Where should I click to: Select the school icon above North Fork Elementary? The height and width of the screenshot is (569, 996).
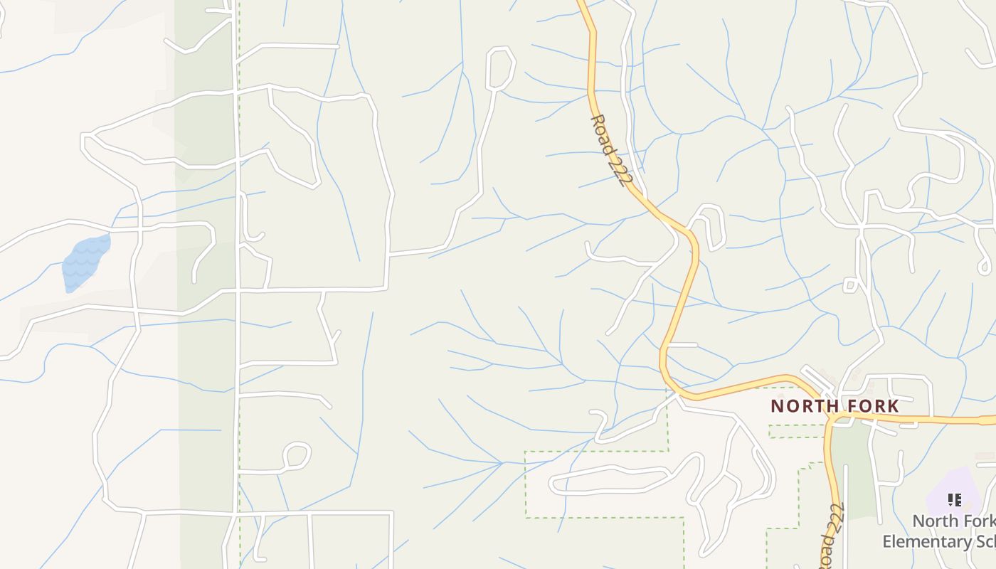coord(955,500)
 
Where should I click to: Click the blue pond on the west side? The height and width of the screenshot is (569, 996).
coord(85,262)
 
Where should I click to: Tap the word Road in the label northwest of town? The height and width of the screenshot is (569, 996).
coord(601,133)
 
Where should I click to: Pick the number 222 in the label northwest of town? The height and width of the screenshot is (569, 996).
coord(619,170)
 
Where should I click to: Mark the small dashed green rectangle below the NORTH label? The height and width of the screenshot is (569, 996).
coord(797,431)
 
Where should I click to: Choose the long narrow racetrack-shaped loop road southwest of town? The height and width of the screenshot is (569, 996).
coord(612,480)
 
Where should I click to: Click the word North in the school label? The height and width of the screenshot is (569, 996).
coord(936,521)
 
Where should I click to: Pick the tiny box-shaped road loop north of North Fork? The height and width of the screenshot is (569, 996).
coord(849,285)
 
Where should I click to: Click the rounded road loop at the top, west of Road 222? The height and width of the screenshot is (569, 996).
coord(500,68)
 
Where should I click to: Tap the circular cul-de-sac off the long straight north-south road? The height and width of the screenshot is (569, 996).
coord(297,456)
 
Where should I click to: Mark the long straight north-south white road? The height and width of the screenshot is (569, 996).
coord(237,320)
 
